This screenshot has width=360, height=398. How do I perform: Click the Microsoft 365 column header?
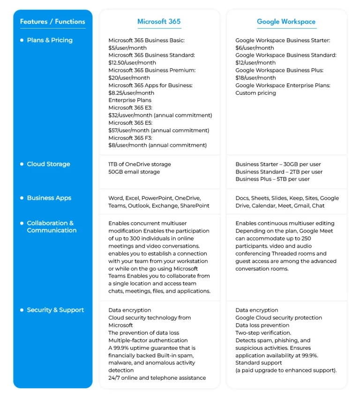159,22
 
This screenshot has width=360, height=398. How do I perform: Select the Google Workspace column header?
286,22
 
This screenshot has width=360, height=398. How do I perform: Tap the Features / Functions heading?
52,22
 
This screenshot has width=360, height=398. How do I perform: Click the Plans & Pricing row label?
50,40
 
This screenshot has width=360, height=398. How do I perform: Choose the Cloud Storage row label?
48,164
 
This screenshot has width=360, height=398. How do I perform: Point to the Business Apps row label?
49,198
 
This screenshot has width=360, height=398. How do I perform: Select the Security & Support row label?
55,310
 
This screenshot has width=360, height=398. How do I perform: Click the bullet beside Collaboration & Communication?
22,223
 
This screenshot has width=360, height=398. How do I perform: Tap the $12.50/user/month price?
132,63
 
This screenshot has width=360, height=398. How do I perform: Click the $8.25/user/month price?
131,93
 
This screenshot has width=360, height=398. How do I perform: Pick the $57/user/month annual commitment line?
158,130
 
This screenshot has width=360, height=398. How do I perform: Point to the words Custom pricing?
255,93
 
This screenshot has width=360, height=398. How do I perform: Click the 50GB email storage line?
134,172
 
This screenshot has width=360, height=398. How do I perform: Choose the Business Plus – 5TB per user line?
272,179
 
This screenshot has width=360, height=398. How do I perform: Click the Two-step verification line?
263,333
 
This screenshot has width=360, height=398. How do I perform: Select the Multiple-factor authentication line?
148,340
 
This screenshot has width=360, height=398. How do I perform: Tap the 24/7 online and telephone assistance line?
157,378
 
